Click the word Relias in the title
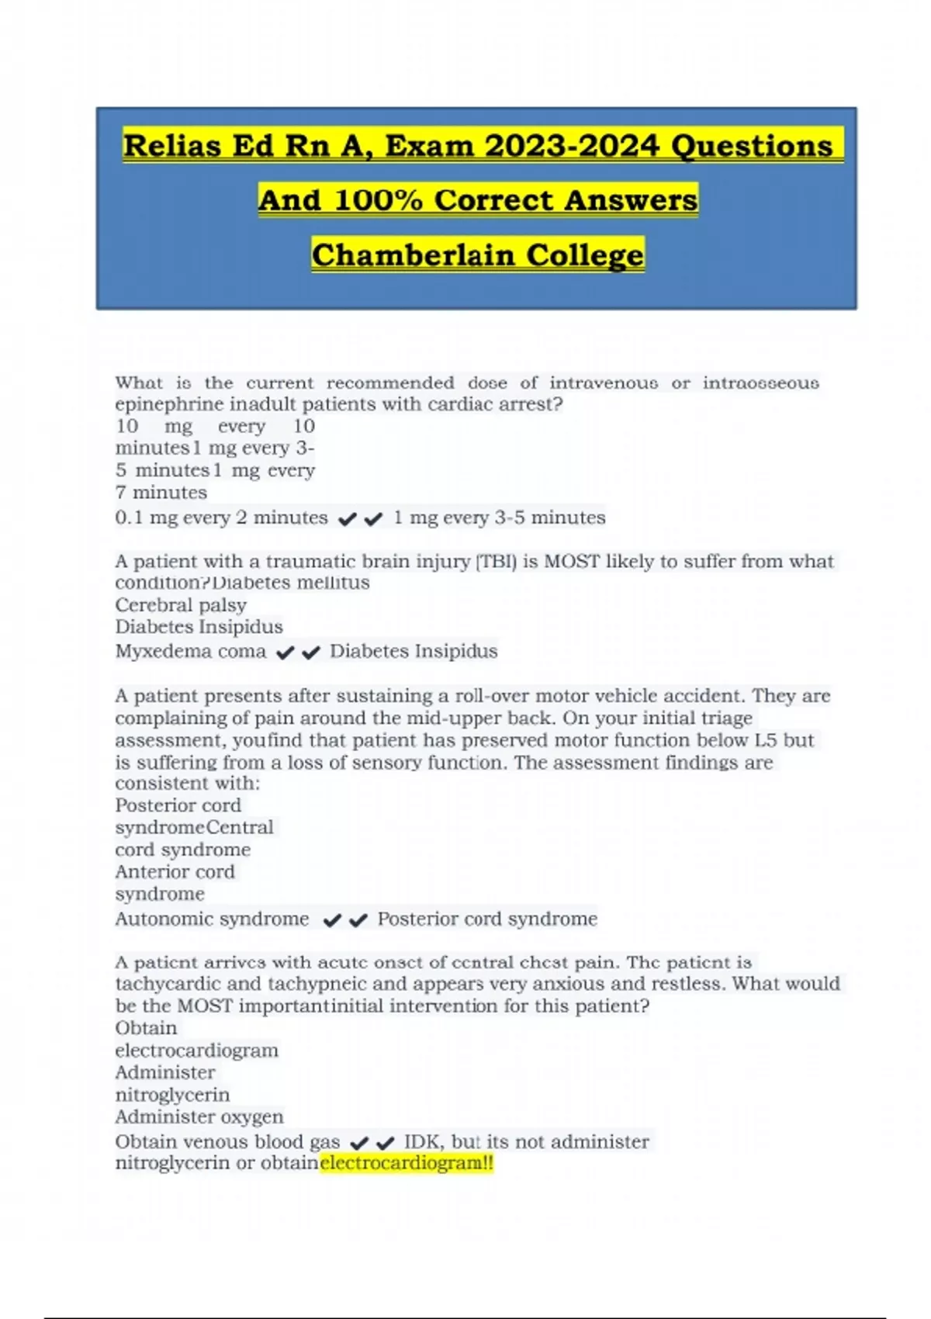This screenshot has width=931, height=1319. (171, 146)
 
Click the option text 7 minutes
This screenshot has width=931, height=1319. (161, 493)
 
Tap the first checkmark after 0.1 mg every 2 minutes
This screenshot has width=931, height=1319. (348, 519)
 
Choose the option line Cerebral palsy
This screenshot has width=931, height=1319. (181, 605)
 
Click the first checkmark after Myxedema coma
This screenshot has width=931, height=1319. (286, 653)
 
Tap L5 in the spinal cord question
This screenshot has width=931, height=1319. (766, 740)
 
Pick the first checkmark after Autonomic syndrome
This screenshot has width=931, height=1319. (332, 921)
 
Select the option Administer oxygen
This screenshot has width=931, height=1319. (199, 1117)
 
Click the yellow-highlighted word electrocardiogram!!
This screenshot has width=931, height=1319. (407, 1163)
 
